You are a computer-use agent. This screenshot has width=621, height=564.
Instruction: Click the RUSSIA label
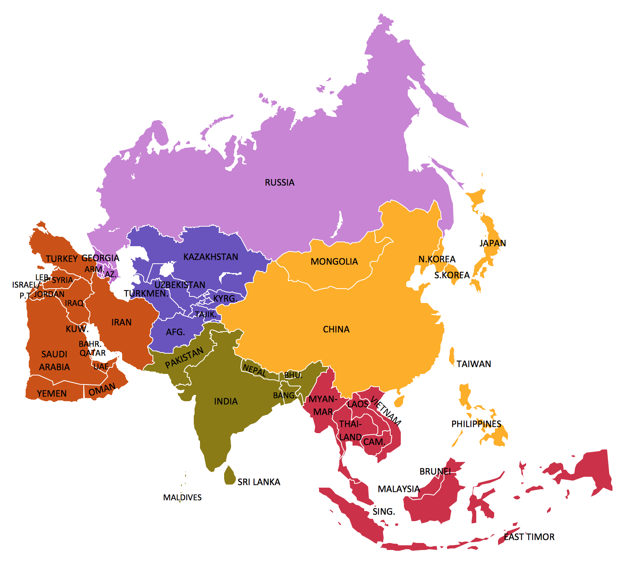[x=279, y=182]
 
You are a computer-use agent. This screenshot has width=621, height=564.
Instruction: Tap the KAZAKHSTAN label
[x=211, y=257]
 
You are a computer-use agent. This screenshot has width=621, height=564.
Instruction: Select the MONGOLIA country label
[x=334, y=261]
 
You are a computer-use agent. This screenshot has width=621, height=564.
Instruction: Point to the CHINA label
[x=336, y=329]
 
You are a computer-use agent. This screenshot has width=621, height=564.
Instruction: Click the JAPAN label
[x=492, y=243]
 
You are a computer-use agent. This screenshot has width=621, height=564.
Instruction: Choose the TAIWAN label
[x=474, y=364]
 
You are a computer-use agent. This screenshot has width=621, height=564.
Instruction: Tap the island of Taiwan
[x=452, y=356]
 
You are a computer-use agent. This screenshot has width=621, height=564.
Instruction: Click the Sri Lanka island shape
[x=230, y=475]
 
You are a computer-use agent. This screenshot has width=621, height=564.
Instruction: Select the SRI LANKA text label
[x=259, y=482]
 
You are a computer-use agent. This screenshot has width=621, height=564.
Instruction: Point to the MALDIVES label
[x=182, y=497]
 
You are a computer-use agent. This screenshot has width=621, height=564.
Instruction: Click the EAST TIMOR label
[x=529, y=537]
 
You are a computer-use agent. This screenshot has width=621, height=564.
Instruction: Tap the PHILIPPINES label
[x=476, y=424]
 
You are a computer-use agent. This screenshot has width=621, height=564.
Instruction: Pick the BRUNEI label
[x=435, y=471]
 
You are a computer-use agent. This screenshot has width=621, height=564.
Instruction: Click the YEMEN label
[x=52, y=393]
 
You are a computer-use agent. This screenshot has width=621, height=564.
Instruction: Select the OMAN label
[x=102, y=389]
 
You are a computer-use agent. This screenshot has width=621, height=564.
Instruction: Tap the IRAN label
[x=121, y=322]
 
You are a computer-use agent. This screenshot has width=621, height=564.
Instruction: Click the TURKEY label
[x=62, y=259]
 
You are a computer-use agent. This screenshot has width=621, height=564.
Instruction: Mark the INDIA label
[x=226, y=401]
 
